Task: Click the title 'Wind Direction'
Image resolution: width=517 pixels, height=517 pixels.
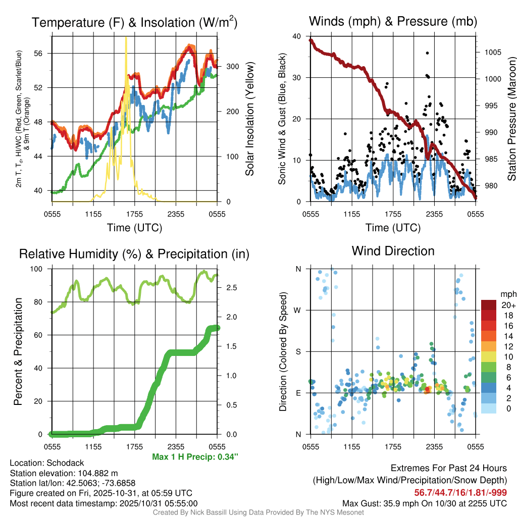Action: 393,251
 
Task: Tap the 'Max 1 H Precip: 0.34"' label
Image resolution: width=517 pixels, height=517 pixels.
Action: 195,457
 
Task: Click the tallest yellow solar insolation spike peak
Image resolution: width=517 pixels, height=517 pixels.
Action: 126,38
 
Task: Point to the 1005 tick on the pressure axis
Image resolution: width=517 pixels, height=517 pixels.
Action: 492,52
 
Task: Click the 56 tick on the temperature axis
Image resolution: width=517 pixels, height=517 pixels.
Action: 43,53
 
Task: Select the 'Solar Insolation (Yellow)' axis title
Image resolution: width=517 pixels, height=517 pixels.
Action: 249,119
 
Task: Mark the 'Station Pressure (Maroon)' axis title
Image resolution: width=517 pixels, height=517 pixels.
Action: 511,119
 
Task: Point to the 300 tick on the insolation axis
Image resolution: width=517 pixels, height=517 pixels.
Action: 233,66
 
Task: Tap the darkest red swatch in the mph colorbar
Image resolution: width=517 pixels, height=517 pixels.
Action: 488,305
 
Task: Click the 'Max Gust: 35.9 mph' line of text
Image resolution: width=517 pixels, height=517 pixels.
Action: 424,503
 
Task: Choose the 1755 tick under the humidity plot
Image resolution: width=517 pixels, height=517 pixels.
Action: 134,446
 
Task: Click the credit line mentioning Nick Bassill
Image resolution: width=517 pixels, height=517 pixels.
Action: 258,512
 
